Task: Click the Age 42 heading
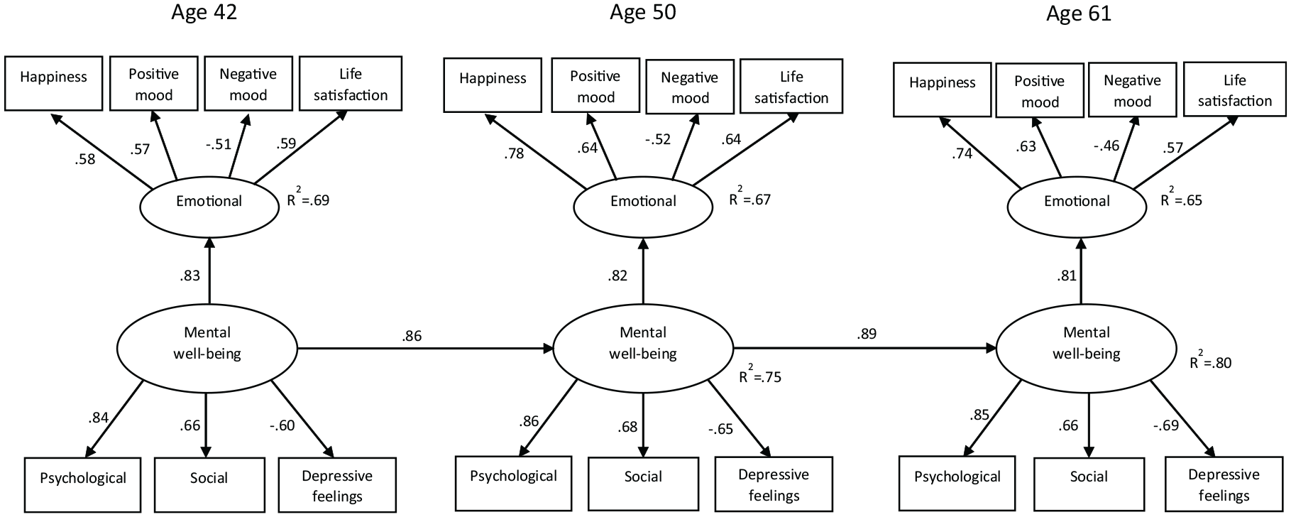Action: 204,13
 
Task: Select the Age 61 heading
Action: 1079,13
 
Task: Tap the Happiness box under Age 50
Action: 493,85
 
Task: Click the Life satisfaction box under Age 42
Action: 351,84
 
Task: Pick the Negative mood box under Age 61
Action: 1132,90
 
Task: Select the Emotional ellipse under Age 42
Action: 209,202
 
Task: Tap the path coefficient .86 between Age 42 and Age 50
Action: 412,336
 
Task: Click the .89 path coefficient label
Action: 867,334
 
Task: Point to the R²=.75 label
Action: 760,374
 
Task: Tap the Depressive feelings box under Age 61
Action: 1224,485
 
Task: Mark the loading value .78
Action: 514,153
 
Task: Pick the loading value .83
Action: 189,276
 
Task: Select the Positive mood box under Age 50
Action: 595,87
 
